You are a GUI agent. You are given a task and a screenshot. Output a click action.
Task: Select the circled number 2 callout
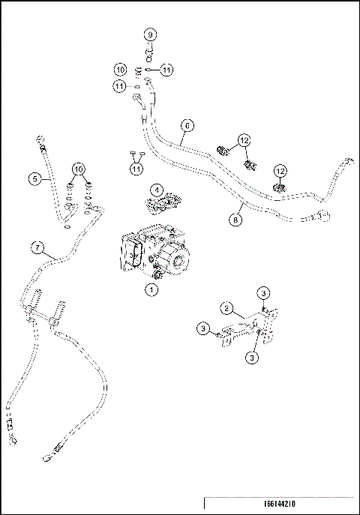pos(224,307)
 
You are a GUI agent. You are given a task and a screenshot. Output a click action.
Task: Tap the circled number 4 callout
pos(156,190)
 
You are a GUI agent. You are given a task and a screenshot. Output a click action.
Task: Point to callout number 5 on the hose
pos(34,178)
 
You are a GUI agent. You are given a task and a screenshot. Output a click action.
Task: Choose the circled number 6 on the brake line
pos(187,125)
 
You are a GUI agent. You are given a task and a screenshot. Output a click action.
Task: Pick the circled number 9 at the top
pos(150,35)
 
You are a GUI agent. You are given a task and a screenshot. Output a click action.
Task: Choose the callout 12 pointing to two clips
pos(244,139)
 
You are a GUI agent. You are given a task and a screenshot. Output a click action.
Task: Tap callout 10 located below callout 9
pos(121,69)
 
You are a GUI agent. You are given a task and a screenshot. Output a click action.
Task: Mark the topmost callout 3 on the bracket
pos(263,292)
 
